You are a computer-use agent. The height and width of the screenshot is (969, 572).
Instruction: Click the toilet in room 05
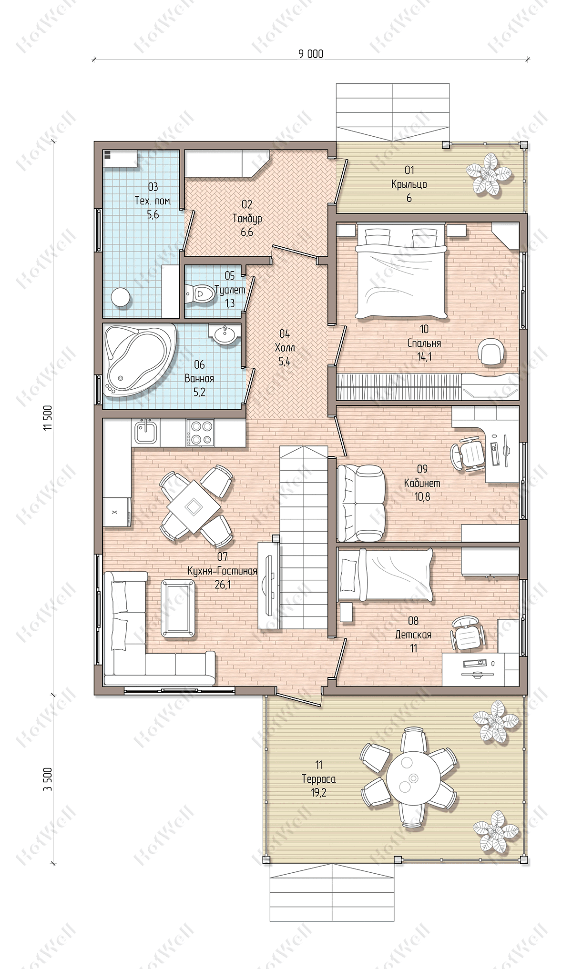pyautogui.click(x=199, y=293)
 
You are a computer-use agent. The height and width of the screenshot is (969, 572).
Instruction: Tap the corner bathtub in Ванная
pyautogui.click(x=138, y=360)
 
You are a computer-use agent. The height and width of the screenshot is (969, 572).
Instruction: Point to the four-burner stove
pyautogui.click(x=201, y=433)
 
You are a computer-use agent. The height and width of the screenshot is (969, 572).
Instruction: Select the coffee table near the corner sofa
pyautogui.click(x=178, y=607)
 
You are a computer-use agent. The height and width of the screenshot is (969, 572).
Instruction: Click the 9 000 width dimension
pyautogui.click(x=311, y=54)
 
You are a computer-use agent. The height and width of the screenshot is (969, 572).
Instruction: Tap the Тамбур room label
pyautogui.click(x=247, y=219)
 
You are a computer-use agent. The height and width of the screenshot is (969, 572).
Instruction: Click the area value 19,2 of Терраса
pyautogui.click(x=318, y=792)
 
